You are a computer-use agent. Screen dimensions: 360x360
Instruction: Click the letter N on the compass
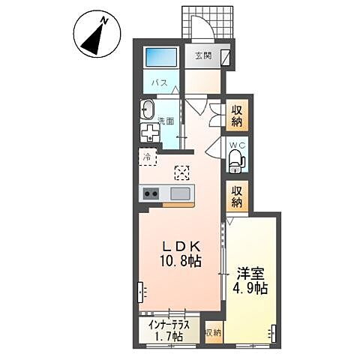(104, 21)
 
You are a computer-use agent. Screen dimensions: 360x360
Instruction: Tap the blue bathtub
(161, 57)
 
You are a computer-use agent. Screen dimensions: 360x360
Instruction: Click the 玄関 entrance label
(203, 55)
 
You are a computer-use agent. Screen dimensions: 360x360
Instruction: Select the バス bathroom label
(160, 82)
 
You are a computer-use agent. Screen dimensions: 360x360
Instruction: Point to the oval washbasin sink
(147, 109)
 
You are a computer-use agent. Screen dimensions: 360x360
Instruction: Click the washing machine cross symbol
(150, 132)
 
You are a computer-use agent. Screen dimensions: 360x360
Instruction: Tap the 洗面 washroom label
(166, 121)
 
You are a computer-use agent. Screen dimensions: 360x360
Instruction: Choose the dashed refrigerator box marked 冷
(148, 157)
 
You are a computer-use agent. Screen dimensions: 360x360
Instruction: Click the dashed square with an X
(181, 172)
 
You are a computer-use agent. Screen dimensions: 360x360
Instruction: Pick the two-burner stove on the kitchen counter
(151, 193)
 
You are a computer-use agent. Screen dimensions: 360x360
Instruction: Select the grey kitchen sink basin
(180, 193)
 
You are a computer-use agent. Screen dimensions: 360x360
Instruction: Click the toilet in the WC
(236, 161)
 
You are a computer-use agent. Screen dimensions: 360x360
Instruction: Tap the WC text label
(238, 145)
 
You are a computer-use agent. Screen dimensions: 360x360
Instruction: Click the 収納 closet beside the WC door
(237, 115)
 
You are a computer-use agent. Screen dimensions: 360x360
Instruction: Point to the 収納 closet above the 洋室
(237, 196)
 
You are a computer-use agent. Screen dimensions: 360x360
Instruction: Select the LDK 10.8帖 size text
(181, 254)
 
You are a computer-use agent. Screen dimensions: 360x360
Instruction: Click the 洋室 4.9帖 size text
(250, 280)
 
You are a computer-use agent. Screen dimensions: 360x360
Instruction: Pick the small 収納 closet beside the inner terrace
(213, 332)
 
